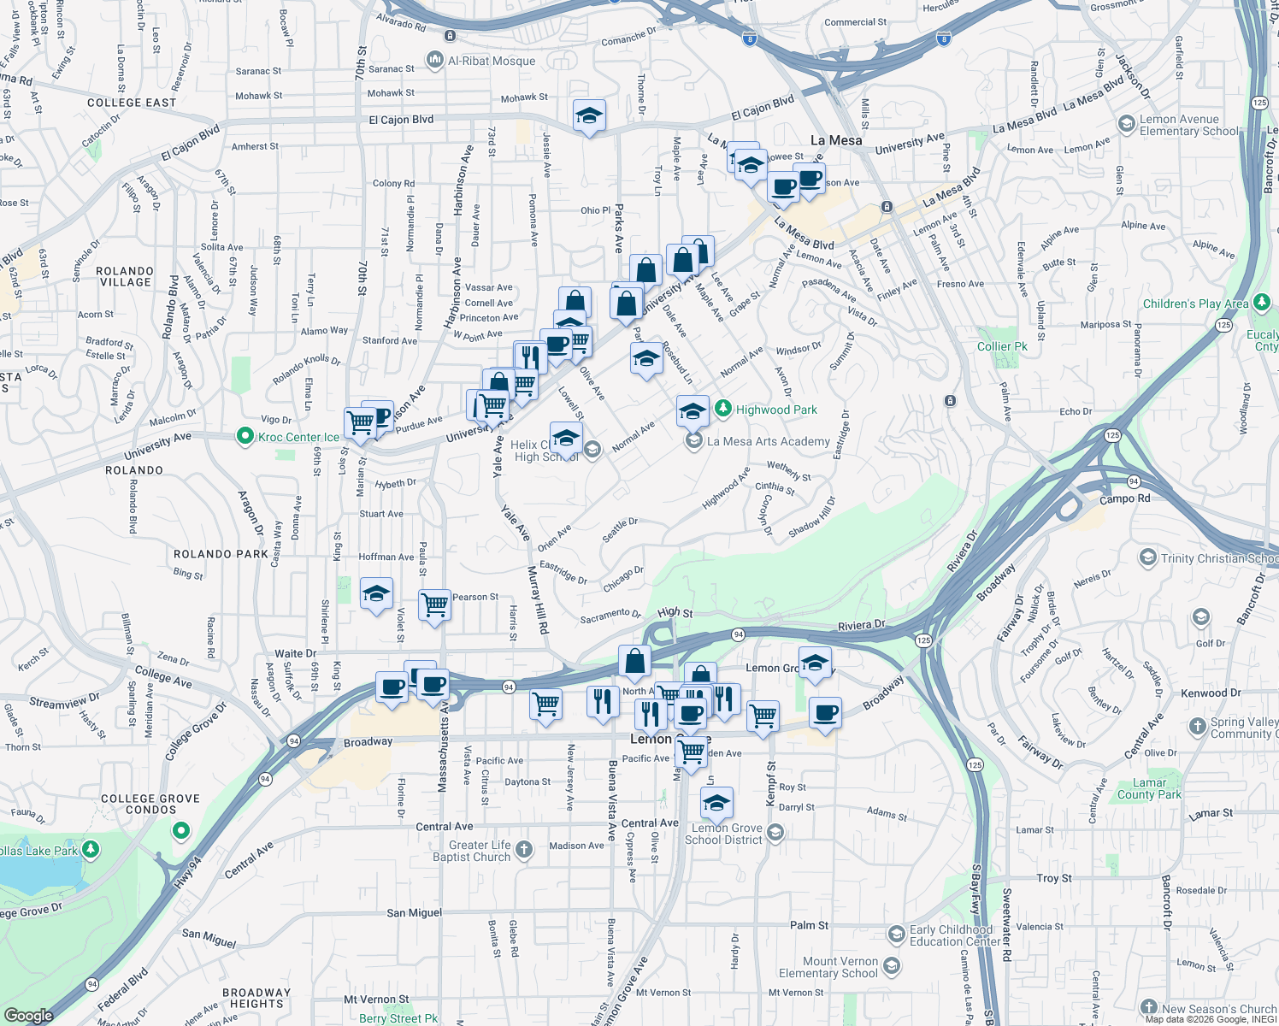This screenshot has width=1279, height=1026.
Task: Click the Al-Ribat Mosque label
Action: tap(492, 61)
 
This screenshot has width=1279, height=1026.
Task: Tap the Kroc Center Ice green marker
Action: tap(245, 437)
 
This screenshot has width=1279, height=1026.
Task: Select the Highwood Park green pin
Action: tap(723, 410)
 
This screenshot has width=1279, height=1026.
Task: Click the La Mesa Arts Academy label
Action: tap(769, 441)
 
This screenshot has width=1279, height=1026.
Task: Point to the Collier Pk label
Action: tap(1002, 346)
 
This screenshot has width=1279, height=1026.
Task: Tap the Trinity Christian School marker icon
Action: tap(1148, 558)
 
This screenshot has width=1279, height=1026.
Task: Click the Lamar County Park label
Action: tap(1149, 788)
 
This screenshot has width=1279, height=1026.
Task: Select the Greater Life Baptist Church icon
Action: tap(524, 850)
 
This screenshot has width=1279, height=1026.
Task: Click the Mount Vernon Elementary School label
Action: tap(828, 967)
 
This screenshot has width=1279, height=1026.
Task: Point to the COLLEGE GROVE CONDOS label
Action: tap(150, 804)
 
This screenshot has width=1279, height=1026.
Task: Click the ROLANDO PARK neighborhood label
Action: tap(221, 554)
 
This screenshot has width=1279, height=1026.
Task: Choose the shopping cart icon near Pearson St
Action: tap(435, 604)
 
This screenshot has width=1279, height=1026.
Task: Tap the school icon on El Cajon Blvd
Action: tap(589, 115)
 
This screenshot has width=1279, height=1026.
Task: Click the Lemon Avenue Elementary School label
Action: tap(1188, 125)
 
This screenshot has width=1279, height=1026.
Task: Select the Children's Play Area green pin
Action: tap(1262, 303)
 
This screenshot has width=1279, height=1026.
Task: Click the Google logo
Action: tap(28, 1015)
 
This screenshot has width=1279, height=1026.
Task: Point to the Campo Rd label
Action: tap(1124, 498)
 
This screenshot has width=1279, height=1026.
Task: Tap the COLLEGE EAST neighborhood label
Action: tap(132, 103)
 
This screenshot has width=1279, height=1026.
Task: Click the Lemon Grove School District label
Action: tap(723, 834)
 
